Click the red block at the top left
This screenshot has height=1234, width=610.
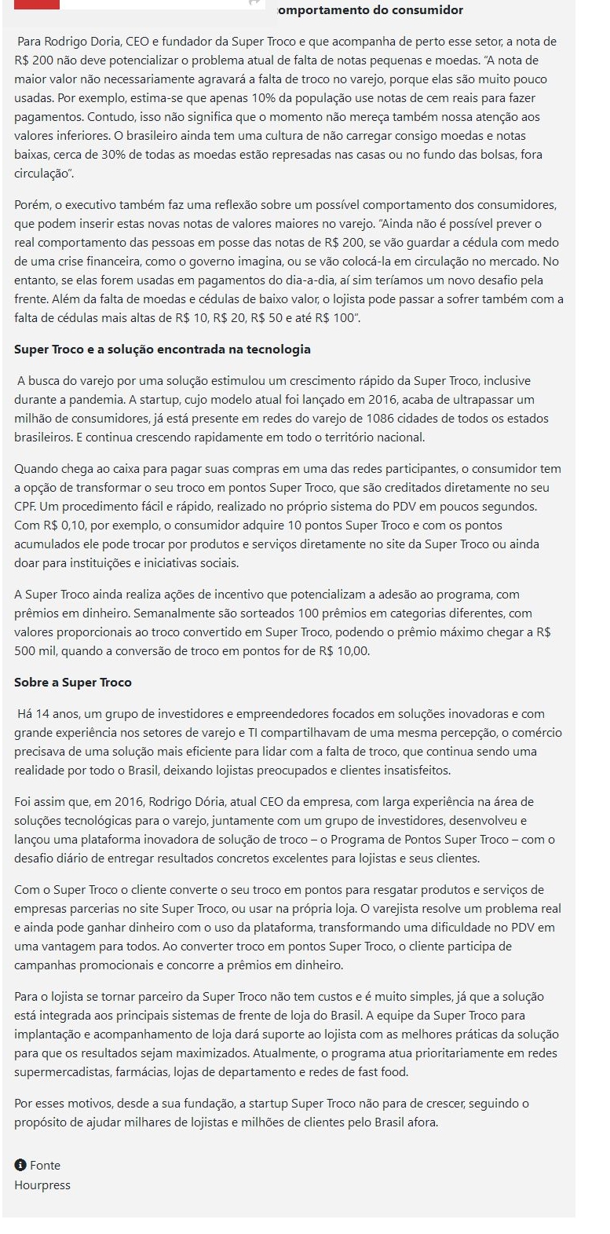(36, 4)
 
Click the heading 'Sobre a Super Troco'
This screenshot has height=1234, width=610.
(73, 683)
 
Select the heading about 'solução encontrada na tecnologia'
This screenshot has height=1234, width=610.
(163, 350)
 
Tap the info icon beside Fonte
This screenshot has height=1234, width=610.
(20, 1165)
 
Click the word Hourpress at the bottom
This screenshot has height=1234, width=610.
(42, 1185)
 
